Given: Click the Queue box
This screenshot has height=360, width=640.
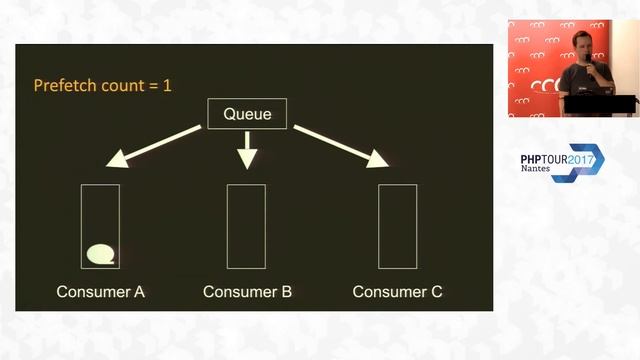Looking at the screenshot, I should pyautogui.click(x=247, y=114).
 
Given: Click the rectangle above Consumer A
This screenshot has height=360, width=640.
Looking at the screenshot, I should pyautogui.click(x=100, y=226).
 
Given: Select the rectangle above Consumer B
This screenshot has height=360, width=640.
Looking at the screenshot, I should pyautogui.click(x=247, y=226).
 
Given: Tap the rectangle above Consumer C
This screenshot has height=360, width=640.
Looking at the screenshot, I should pyautogui.click(x=397, y=226).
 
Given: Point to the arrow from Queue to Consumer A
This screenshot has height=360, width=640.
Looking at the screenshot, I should pyautogui.click(x=156, y=143).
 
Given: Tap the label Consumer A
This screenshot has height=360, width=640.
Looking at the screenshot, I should pyautogui.click(x=100, y=292).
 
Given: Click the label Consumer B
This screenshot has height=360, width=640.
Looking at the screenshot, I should pyautogui.click(x=247, y=292).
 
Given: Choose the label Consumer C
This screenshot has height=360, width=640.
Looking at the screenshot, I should pyautogui.click(x=397, y=292).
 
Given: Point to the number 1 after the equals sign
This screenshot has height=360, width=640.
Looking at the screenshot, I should pyautogui.click(x=167, y=85).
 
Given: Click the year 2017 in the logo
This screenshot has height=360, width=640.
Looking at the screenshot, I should pyautogui.click(x=585, y=158).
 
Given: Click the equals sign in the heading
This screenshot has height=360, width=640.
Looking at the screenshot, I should pyautogui.click(x=152, y=85).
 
